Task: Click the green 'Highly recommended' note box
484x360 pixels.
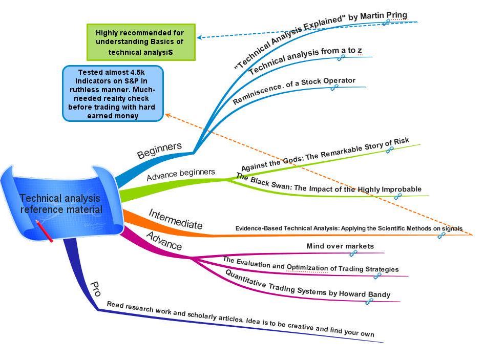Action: tap(141, 42)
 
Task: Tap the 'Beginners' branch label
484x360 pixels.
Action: tap(159, 150)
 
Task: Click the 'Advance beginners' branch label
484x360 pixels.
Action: tap(181, 174)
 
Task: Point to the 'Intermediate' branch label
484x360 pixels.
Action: tap(176, 219)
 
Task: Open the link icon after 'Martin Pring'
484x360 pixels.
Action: tap(386, 23)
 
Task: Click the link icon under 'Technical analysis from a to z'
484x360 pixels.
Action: tap(341, 58)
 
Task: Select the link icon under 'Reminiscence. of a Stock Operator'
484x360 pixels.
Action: tap(334, 88)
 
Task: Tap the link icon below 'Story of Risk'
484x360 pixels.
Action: tap(389, 150)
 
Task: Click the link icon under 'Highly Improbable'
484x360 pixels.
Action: tap(397, 196)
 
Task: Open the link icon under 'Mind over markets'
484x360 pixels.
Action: tap(353, 253)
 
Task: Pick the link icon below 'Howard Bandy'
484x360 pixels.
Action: tap(369, 302)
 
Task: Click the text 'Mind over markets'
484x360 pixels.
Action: tap(340, 246)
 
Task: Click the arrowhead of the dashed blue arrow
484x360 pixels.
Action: tap(200, 37)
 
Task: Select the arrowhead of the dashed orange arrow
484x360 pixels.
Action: tap(167, 115)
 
